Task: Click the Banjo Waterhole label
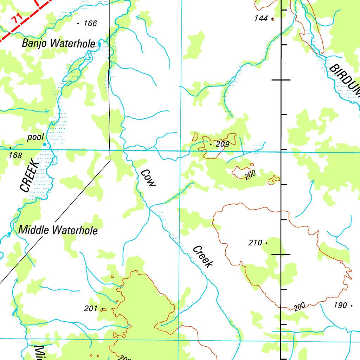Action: [x=58, y=44]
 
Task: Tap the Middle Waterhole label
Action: [x=58, y=230]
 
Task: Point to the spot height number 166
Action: [x=90, y=24]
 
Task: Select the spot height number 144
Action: [x=261, y=18]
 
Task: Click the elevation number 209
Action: [x=223, y=144]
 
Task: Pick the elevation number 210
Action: [x=255, y=243]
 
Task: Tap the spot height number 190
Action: [x=340, y=305]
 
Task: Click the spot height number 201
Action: [x=91, y=309]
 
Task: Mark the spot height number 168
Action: [x=15, y=155]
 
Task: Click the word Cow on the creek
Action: [x=148, y=178]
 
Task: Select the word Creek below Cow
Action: [x=203, y=256]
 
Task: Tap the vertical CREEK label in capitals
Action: [x=29, y=176]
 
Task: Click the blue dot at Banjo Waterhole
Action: [x=99, y=44]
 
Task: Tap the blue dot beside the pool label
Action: [x=45, y=144]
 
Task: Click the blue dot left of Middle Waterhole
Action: [x=9, y=233]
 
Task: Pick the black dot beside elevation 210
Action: [x=266, y=243]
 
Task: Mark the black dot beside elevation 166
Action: [x=78, y=24]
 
